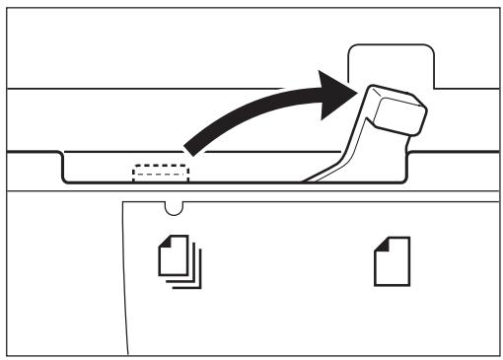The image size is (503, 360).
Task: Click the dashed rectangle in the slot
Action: coord(160,173)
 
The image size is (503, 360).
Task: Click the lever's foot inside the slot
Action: coord(321,178)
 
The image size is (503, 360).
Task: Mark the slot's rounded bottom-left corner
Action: coord(66,179)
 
